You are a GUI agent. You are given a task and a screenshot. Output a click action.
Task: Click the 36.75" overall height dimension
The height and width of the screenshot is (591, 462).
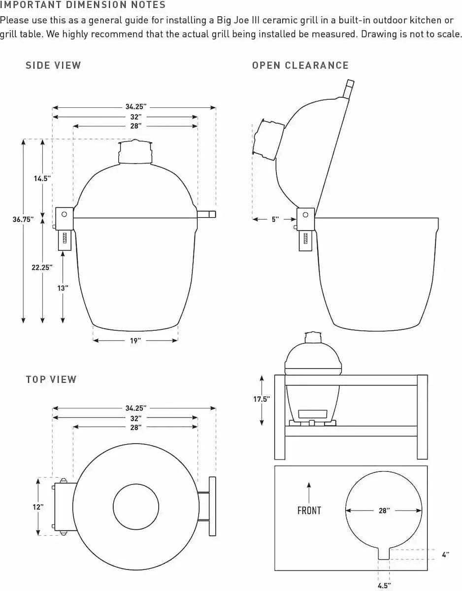23,220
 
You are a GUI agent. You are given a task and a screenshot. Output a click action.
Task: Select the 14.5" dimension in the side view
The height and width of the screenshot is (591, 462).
42,179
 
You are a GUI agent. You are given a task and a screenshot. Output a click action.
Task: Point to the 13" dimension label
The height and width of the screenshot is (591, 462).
63,288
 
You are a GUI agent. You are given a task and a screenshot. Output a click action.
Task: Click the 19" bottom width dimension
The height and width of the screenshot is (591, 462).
135,340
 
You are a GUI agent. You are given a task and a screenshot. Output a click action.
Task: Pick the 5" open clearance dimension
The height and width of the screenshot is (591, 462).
275,219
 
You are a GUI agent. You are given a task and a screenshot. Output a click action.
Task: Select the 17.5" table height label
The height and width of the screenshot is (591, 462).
262,399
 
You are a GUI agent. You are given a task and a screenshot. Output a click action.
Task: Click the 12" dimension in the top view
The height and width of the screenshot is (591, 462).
38,506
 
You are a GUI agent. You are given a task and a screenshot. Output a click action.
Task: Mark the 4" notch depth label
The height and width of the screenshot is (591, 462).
445,555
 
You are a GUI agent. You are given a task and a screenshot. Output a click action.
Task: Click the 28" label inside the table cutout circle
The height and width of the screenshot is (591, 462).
384,511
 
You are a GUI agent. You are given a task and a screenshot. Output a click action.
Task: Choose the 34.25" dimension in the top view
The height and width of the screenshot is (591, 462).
135,408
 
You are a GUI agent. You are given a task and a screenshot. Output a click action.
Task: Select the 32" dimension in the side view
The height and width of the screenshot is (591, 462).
136,117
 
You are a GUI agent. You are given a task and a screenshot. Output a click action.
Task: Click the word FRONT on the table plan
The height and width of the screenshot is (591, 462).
309,511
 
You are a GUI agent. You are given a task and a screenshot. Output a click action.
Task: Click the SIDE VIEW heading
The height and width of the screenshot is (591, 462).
53,66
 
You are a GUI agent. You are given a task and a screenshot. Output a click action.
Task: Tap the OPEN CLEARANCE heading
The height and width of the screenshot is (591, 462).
300,66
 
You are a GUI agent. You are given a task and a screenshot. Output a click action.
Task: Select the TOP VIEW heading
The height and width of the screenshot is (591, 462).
51,379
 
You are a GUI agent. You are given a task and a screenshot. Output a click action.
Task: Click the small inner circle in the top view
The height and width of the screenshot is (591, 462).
136,507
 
